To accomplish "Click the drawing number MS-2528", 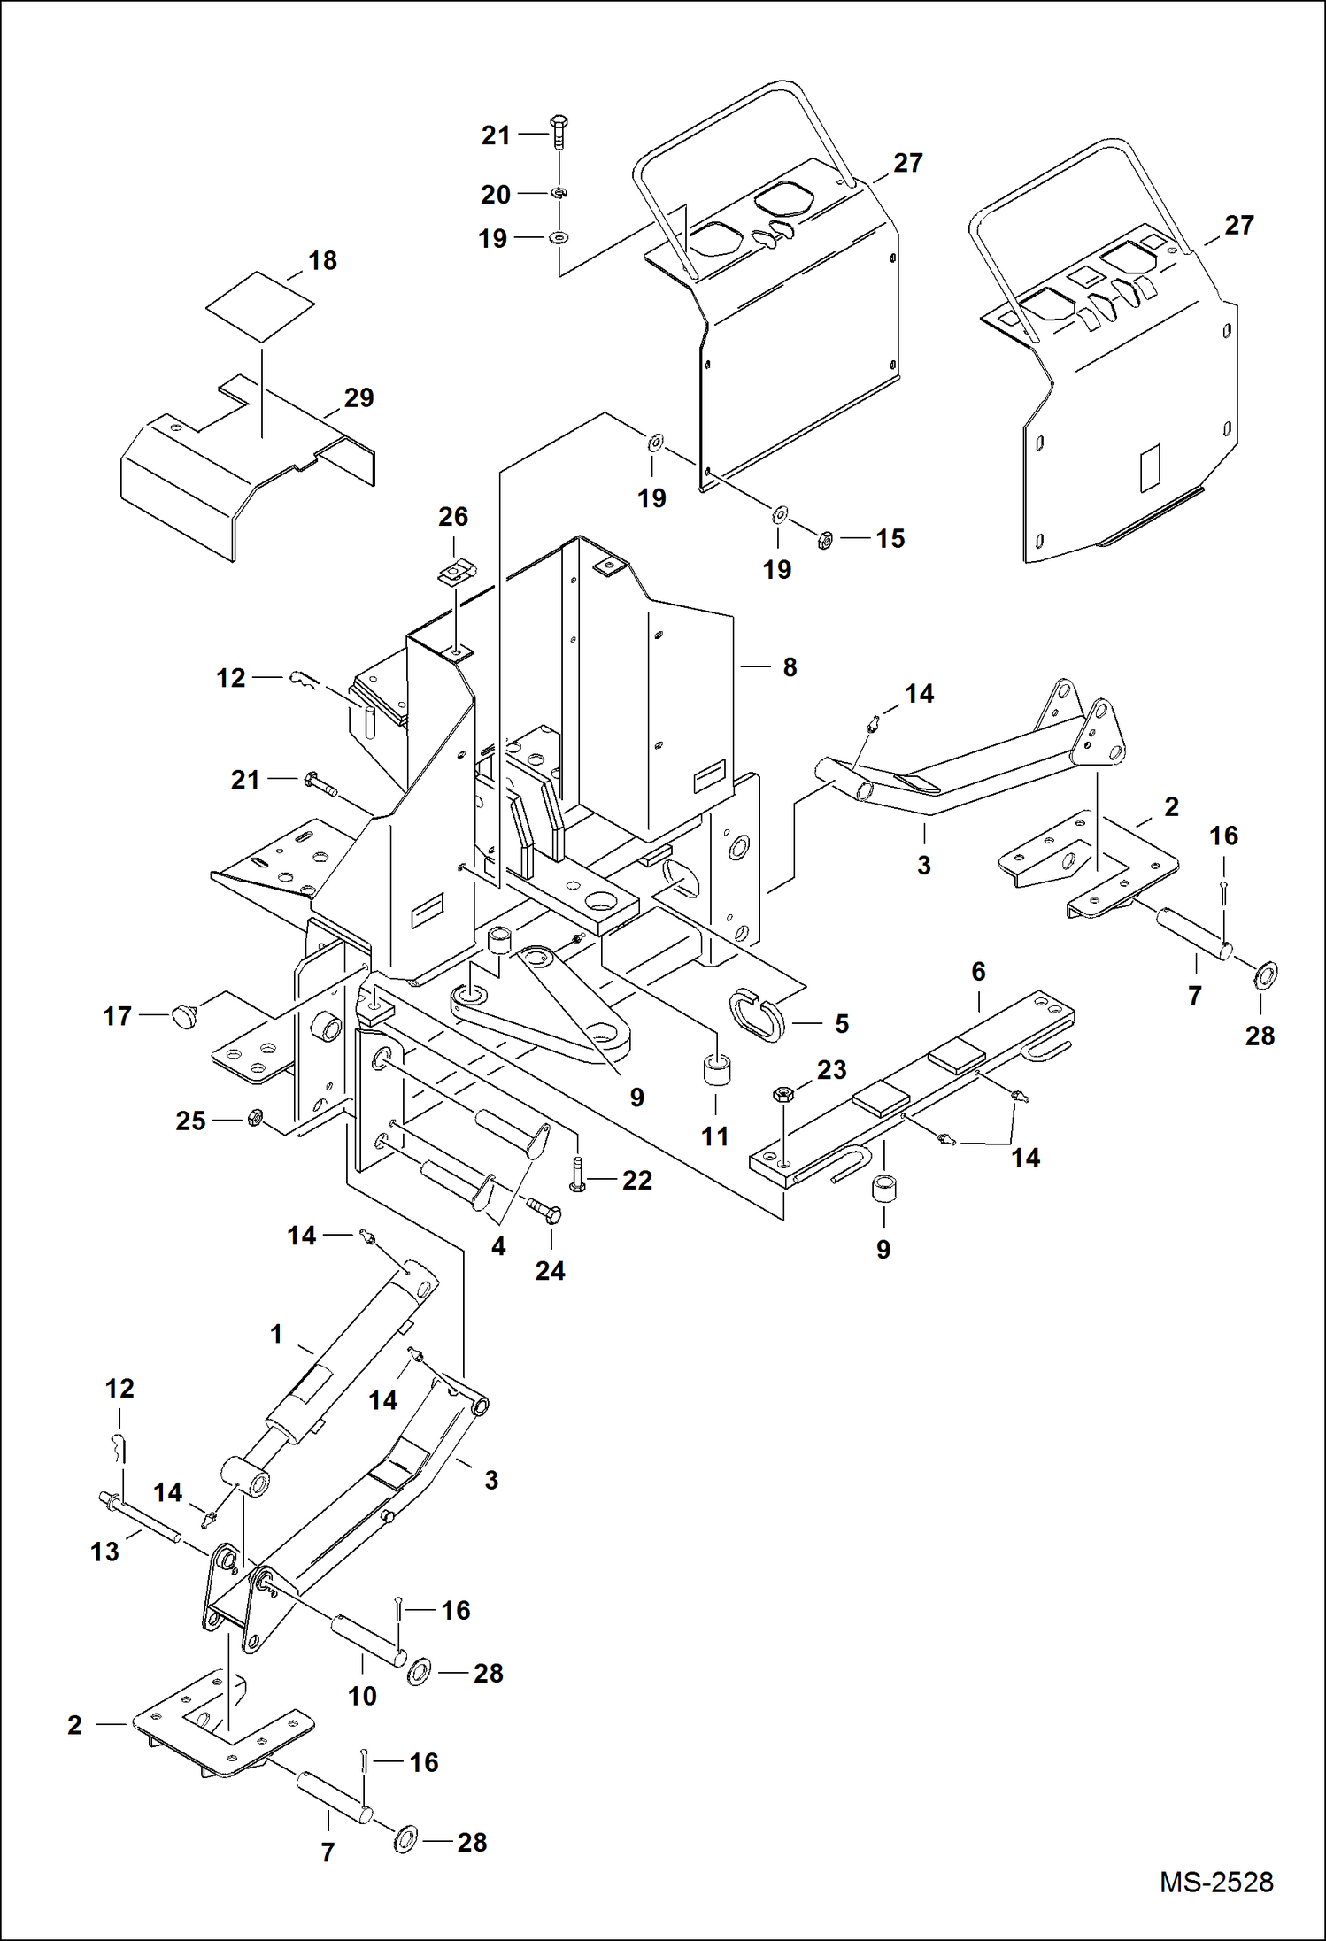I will tap(1216, 1882).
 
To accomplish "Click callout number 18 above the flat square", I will tap(322, 260).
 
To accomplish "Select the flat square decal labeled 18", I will tap(260, 306).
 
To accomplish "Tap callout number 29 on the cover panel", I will tap(358, 397).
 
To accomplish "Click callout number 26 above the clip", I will tap(453, 517).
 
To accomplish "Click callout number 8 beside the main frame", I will tap(790, 667).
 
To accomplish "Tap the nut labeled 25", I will tap(252, 1118).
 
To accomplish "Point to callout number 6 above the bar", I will tap(978, 972).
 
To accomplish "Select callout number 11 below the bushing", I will tap(715, 1136).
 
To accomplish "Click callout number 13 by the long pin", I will tap(104, 1552).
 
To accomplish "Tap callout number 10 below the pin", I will tap(362, 1696).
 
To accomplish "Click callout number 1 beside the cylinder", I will tap(276, 1334).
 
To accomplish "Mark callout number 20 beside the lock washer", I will tap(496, 195).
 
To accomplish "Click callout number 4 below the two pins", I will tap(498, 1247).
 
